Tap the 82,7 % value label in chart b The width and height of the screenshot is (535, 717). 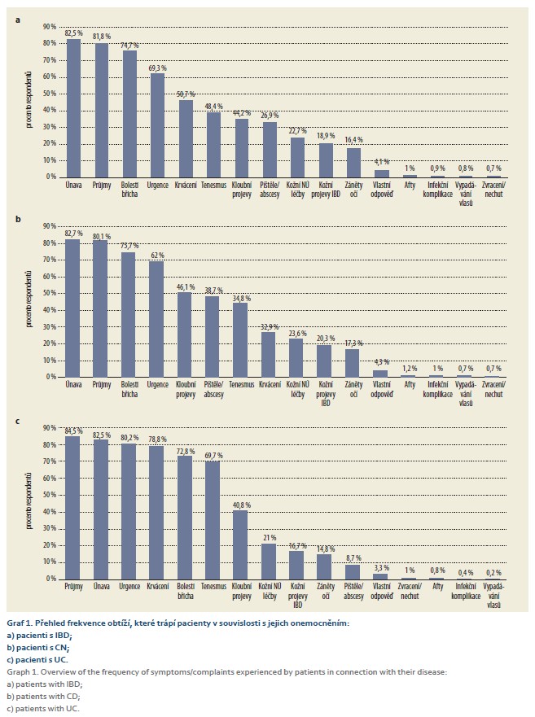click(73, 234)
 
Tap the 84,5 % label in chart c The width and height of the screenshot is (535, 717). click(73, 431)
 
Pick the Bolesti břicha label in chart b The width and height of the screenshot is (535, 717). click(129, 391)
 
